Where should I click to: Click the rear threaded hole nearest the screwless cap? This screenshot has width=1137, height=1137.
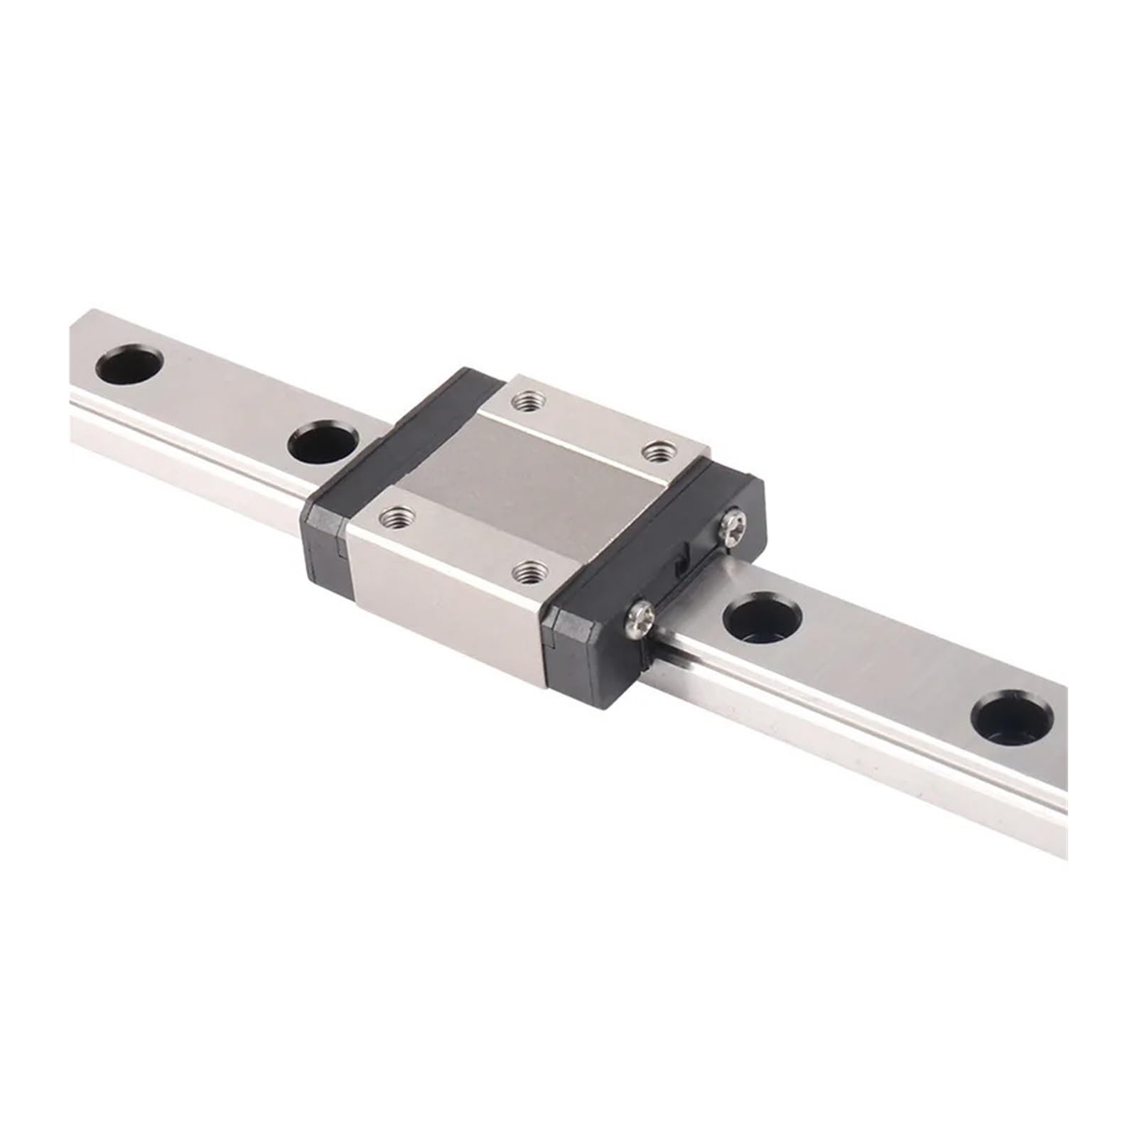[527, 403]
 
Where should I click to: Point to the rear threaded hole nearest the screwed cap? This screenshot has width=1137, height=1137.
[657, 452]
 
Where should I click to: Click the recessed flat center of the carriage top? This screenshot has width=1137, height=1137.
[526, 483]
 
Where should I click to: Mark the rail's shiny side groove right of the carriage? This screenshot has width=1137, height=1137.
[853, 739]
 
